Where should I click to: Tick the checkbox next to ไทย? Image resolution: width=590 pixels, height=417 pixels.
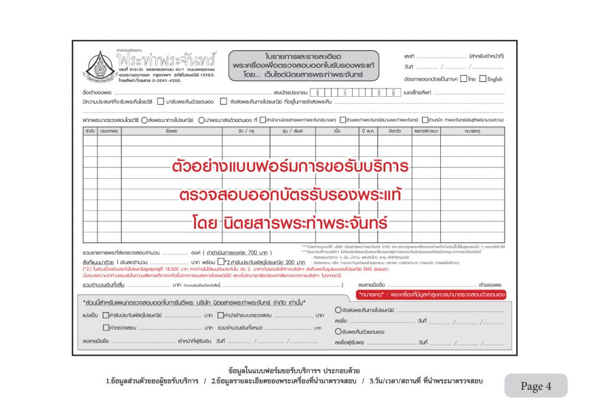(464, 78)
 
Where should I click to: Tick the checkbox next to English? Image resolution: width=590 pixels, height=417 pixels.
(483, 78)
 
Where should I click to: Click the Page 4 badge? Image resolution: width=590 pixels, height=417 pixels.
(536, 386)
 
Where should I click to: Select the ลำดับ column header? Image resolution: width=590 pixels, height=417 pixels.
(90, 131)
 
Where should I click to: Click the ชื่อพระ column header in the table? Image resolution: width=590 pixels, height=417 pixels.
(172, 131)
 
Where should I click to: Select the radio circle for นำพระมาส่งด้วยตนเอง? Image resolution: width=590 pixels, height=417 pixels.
(201, 120)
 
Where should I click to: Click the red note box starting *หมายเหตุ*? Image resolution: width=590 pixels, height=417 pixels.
(431, 293)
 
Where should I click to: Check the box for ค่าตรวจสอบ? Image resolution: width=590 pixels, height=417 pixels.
(106, 327)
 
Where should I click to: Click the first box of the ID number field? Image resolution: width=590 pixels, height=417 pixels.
(313, 93)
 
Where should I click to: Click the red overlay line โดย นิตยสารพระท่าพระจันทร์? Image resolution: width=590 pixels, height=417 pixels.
(290, 224)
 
